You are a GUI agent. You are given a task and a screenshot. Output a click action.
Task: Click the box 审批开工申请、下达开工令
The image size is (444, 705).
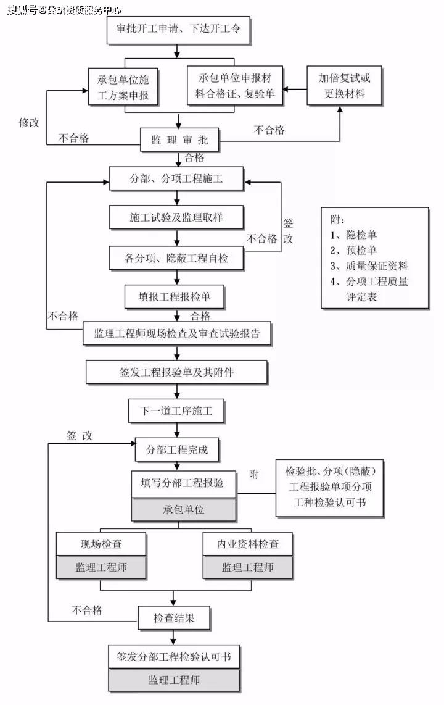(179, 28)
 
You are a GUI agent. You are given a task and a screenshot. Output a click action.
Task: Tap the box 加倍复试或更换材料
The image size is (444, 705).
(345, 86)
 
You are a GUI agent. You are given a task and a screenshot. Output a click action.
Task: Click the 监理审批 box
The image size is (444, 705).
(179, 140)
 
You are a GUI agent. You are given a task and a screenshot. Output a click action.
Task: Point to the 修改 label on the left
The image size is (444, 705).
(29, 122)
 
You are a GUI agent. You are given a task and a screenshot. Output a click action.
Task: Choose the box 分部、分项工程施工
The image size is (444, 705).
(176, 180)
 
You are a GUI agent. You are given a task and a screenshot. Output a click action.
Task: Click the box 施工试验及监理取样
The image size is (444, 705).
(176, 217)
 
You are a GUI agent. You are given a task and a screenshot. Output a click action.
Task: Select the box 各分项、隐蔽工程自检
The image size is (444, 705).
(176, 258)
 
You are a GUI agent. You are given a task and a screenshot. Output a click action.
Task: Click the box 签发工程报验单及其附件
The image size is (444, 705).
(176, 372)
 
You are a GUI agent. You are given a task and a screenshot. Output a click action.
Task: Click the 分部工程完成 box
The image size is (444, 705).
(176, 450)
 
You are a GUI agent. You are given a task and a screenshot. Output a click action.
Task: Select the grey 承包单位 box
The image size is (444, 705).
(184, 510)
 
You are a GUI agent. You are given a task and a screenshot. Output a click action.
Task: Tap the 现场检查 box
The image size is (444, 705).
(101, 544)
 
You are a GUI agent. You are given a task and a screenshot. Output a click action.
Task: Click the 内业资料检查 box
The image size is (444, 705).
(248, 544)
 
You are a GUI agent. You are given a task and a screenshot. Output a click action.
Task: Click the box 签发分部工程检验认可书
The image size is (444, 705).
(174, 657)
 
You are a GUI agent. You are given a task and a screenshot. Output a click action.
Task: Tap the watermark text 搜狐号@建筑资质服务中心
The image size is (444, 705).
(64, 9)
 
